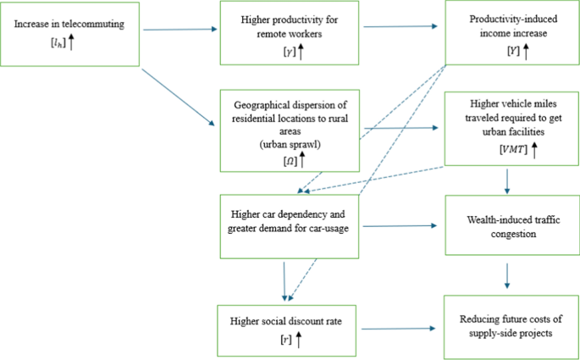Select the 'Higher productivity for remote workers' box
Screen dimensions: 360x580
(291, 33)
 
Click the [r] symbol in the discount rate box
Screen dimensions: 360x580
(286, 339)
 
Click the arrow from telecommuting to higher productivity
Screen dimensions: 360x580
(180, 30)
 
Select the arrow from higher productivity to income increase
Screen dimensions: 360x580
(404, 27)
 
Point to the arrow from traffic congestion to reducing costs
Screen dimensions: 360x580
(507, 275)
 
